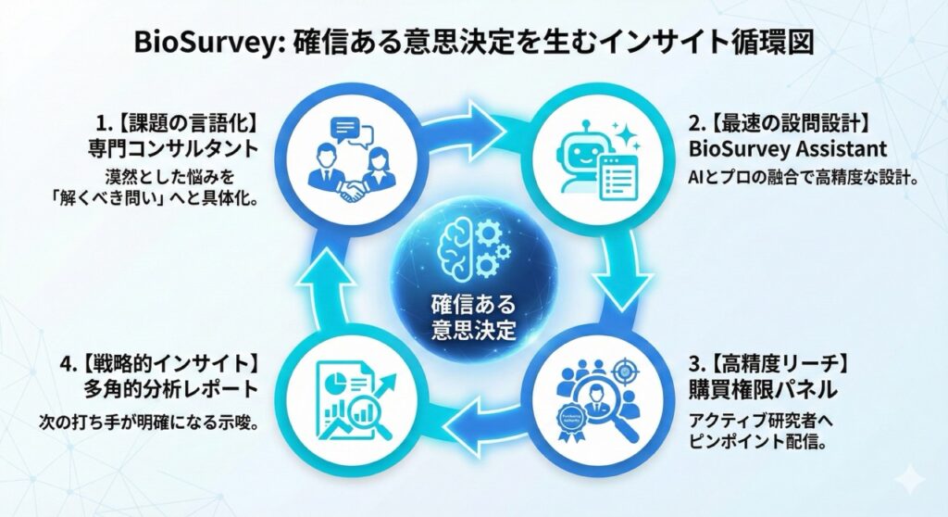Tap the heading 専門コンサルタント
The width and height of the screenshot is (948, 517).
(169, 148)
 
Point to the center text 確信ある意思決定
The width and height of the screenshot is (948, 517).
(474, 317)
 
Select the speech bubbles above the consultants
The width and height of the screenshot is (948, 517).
(352, 132)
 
